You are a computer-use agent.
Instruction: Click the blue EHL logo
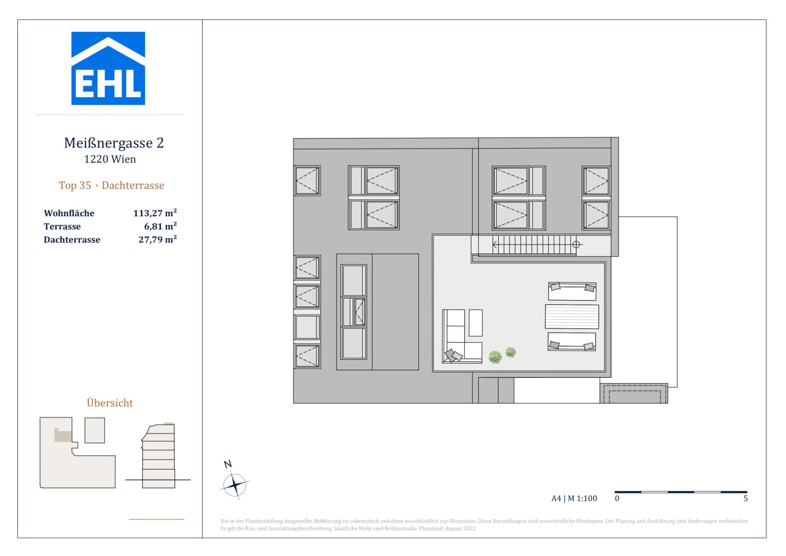coord(108,68)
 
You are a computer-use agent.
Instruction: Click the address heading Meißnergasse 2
coord(114,143)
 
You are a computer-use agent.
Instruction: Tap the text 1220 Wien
coord(110,160)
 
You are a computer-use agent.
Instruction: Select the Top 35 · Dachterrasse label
coord(112,186)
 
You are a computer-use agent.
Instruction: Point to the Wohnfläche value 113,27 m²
coord(155,213)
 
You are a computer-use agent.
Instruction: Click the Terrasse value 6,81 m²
coord(160,227)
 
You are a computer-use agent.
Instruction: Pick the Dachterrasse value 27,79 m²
coord(158,240)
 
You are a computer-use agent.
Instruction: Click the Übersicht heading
coord(110,403)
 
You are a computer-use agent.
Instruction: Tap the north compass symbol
coord(235,484)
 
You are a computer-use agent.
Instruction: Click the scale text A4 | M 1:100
coord(574,498)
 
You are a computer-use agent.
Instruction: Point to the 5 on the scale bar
coord(745,498)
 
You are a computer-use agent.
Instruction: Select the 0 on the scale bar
coord(617,498)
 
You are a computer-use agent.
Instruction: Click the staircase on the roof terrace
coord(533,245)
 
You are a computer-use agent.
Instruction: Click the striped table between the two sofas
coord(572,317)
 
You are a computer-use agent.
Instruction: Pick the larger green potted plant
coord(495,357)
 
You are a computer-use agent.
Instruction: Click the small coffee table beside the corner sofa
coord(476,323)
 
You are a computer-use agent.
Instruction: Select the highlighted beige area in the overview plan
coord(63,436)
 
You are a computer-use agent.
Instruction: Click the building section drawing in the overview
coord(159,456)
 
